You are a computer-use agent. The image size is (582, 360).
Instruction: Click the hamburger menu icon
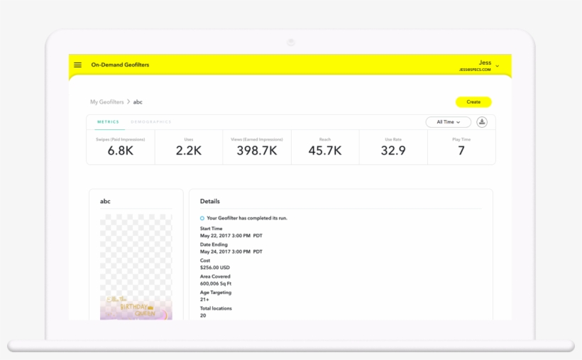[x=77, y=65]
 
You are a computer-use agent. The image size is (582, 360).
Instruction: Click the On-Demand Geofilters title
[x=120, y=65]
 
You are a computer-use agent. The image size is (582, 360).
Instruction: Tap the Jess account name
[x=485, y=62]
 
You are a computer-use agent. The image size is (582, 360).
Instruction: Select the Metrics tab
[x=108, y=122]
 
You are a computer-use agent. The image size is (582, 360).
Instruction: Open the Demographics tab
[x=151, y=122]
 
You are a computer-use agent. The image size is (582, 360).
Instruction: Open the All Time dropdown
[x=448, y=122]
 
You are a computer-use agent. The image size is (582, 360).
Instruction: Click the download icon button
[x=482, y=122]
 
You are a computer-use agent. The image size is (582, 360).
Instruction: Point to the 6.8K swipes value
[x=121, y=151]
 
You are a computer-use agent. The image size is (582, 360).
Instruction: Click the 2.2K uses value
[x=188, y=151]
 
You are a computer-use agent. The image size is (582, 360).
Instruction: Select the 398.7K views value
[x=256, y=151]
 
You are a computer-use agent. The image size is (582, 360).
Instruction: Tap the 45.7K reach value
[x=325, y=151]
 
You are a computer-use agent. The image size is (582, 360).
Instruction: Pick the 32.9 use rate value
[x=393, y=151]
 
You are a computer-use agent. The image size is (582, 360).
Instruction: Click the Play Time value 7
[x=461, y=151]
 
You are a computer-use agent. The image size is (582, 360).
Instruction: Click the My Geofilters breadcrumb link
[x=106, y=102]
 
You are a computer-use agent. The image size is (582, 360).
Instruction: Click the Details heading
[x=210, y=202]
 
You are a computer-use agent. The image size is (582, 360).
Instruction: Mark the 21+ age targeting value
[x=204, y=300]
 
